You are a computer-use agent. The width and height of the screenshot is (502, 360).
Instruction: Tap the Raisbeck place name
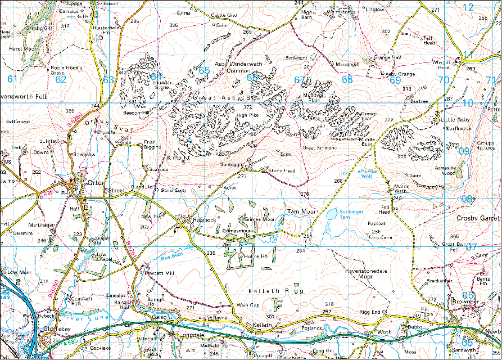click(204, 219)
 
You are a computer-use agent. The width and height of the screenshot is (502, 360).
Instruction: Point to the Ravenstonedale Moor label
click(367, 273)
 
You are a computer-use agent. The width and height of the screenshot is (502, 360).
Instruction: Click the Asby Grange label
click(400, 74)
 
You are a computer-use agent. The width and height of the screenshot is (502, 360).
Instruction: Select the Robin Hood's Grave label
click(66, 70)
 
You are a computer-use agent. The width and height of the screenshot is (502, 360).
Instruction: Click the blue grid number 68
click(347, 79)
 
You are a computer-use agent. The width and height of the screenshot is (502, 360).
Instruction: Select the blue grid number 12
click(468, 7)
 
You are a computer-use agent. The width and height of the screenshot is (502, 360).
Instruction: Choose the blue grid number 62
click(61, 79)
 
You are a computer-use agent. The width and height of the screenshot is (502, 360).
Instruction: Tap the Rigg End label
click(370, 312)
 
